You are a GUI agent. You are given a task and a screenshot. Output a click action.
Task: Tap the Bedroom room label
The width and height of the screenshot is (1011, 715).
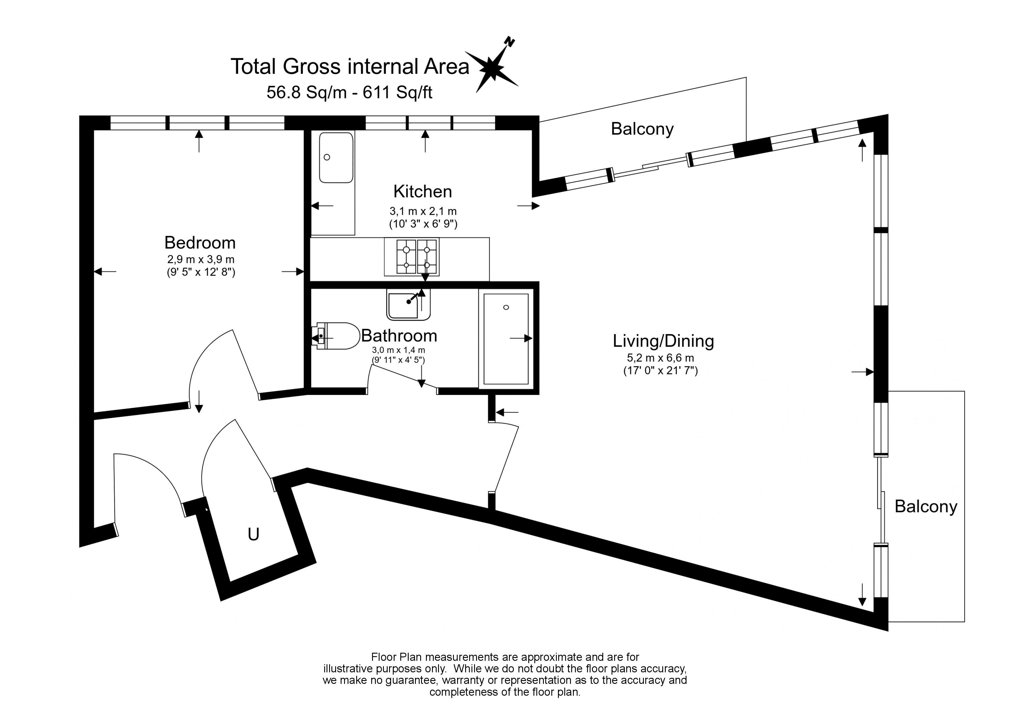tap(200, 243)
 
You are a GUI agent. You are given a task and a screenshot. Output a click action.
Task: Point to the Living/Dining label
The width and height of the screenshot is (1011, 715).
tap(663, 341)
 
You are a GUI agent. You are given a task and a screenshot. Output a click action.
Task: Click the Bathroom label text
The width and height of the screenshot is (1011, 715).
tap(399, 336)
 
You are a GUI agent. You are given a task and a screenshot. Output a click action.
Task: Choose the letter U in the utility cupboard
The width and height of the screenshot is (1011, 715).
tap(253, 535)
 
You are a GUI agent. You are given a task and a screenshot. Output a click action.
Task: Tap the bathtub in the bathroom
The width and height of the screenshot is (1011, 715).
tap(506, 339)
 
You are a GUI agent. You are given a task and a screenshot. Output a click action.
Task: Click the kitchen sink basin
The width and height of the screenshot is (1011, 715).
tap(336, 157)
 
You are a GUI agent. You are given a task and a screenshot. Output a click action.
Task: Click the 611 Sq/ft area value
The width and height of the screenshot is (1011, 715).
tap(397, 93)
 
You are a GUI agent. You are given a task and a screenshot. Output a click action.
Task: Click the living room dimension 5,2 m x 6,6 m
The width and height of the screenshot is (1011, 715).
tap(661, 358)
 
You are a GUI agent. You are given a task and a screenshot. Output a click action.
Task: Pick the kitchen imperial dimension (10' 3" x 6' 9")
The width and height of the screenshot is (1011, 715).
tap(423, 224)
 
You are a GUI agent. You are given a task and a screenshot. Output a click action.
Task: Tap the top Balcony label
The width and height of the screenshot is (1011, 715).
tap(642, 129)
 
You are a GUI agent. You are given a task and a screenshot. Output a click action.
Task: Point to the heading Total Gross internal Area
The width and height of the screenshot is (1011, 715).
tap(350, 67)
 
